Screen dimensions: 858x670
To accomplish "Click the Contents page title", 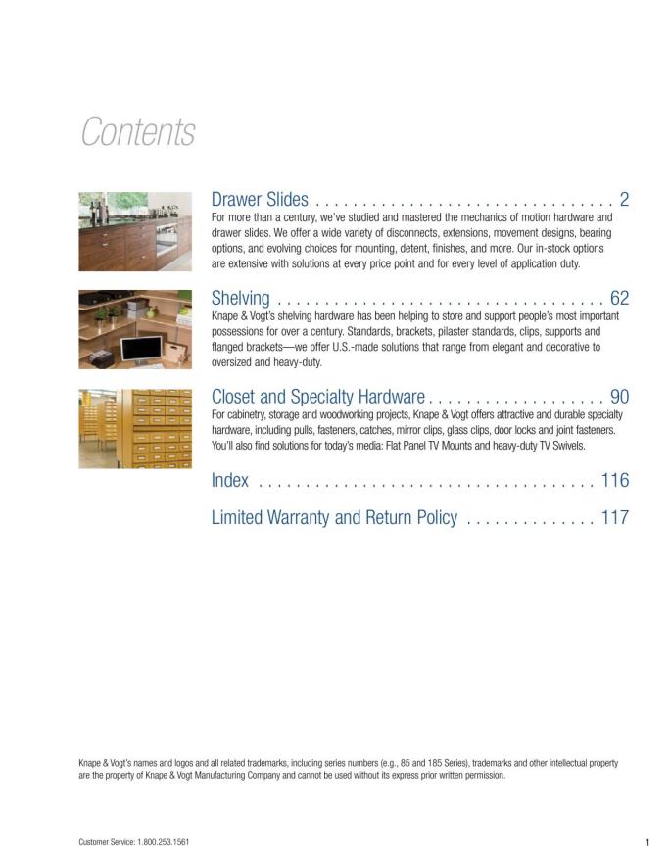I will click(138, 132).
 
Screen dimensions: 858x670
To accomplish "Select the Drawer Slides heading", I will click(260, 200).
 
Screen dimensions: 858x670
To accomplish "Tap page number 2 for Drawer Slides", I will click(624, 200).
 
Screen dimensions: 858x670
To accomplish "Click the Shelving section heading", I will click(240, 298).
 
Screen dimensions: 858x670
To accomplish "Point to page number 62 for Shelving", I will click(619, 298).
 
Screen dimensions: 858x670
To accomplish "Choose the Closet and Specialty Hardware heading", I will click(317, 397).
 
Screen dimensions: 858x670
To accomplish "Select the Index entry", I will click(230, 480).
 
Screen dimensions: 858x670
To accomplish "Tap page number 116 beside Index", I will click(615, 480).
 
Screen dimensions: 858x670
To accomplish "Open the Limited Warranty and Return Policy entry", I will click(334, 517).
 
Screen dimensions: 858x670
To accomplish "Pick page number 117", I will click(615, 517).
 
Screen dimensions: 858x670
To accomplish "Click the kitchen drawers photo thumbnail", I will click(135, 231).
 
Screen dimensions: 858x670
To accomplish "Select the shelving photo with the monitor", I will click(135, 329).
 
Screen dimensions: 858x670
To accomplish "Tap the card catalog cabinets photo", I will click(135, 428).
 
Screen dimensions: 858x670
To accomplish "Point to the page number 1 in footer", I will click(647, 841).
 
